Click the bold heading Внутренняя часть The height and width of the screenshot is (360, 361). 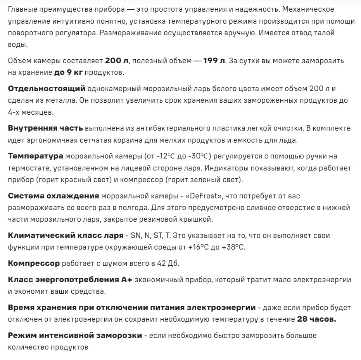(x=45, y=127)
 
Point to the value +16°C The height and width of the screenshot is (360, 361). (x=202, y=247)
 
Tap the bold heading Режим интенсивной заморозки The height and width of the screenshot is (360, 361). (x=75, y=335)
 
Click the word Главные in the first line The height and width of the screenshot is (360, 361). (x=22, y=9)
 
